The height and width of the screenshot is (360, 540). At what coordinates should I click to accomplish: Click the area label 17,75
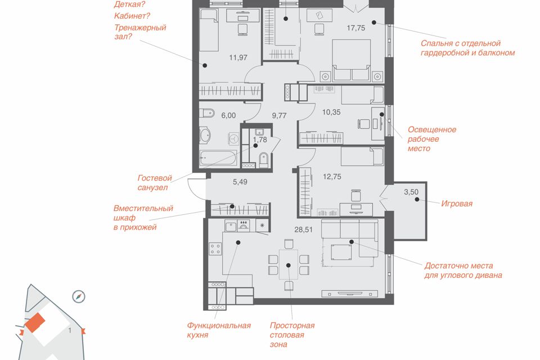355,28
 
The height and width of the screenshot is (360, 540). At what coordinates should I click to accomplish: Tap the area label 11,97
238,57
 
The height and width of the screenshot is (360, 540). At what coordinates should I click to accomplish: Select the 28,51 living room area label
303,229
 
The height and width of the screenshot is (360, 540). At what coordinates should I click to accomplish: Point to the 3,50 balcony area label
411,192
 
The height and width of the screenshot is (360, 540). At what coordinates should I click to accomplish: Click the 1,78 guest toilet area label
260,139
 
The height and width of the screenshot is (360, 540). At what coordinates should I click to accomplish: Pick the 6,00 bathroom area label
228,115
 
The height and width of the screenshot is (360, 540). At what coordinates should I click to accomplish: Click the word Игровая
457,204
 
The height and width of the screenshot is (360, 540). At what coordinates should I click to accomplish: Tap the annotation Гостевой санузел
155,183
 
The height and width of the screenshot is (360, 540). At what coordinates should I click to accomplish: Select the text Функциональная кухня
219,330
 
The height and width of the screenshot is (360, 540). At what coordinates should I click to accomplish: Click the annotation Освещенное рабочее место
432,139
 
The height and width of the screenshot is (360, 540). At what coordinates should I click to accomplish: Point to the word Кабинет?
132,16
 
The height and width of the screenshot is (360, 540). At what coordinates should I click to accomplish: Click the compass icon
79,296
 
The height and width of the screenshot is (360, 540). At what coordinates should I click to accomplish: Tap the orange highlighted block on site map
35,323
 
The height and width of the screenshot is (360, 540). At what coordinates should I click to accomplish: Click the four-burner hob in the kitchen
215,249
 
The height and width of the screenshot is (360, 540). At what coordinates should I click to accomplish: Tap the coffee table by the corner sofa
341,252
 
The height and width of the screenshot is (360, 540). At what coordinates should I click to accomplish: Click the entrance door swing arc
195,190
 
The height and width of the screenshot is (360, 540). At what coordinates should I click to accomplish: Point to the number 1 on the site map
70,331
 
